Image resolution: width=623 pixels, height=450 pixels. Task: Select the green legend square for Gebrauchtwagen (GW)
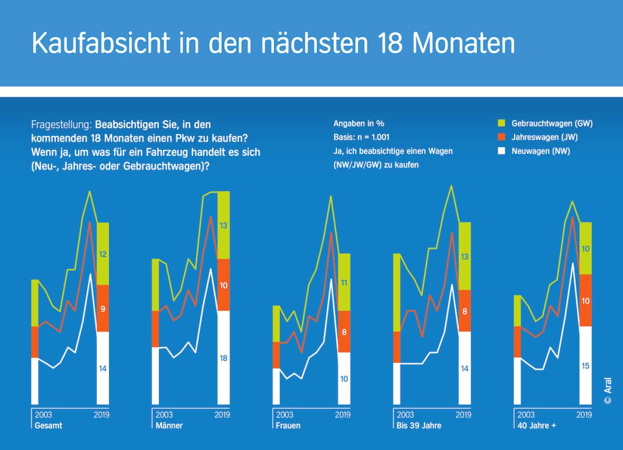point(501,123)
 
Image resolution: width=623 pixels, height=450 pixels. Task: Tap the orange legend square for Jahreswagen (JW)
point(501,137)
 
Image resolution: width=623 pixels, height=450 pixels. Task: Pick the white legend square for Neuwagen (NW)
point(501,151)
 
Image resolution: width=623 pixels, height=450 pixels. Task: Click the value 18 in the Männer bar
point(224,358)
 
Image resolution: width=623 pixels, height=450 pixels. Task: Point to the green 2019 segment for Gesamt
point(103,254)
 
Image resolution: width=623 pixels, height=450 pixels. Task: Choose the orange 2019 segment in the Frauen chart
point(344,332)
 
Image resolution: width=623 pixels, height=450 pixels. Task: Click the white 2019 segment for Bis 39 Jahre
point(465,368)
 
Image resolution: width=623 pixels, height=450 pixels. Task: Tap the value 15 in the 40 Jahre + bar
point(586,366)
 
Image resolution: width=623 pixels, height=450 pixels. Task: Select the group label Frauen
point(287,426)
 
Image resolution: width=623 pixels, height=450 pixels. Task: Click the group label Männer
point(169,426)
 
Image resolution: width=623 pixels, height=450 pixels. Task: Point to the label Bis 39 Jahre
point(419,426)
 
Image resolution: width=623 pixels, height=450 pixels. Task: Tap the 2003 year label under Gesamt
point(44,415)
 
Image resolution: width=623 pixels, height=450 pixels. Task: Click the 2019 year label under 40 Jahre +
point(585,415)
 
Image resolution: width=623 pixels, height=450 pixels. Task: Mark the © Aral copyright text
point(608,390)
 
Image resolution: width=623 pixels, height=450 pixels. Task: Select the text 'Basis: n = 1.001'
point(361,137)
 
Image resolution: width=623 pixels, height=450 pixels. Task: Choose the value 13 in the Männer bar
point(224,226)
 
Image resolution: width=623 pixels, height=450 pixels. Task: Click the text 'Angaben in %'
point(359,124)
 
